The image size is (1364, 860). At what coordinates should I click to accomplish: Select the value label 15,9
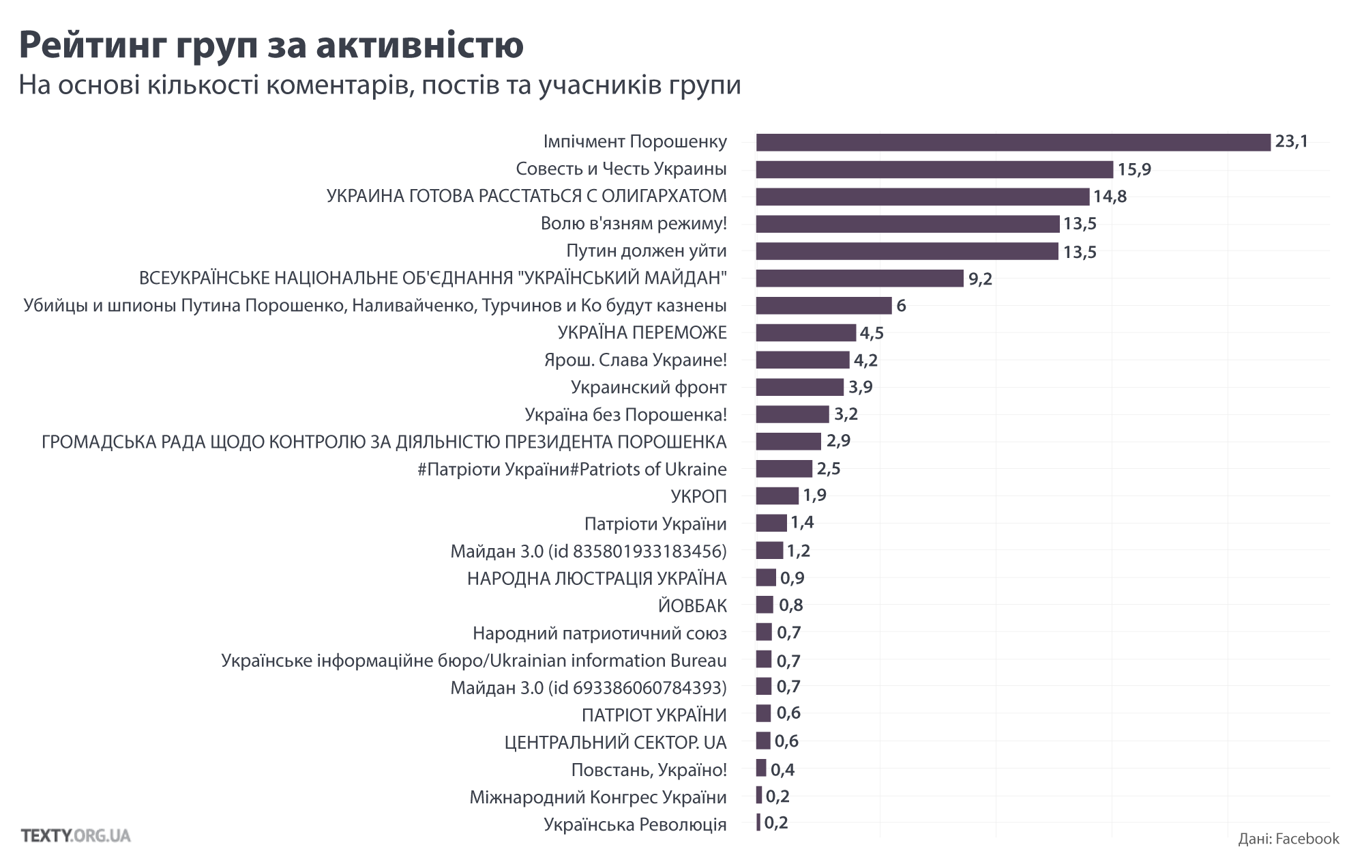coord(1134,169)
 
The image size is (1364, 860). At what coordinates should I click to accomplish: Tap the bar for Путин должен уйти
coord(907,251)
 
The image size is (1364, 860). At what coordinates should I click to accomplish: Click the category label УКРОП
coord(698,496)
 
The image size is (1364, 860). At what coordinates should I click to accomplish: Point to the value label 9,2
coord(980,278)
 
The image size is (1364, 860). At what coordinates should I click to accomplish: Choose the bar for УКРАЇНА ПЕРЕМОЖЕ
coord(805,332)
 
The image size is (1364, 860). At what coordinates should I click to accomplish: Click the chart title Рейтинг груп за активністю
coord(271,44)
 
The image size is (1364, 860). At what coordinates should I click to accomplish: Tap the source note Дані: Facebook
coord(1288,838)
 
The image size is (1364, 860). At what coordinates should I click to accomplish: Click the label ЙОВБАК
coord(692,605)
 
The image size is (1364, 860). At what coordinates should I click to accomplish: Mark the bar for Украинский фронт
coord(799,387)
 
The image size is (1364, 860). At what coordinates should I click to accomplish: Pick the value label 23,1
coord(1292,142)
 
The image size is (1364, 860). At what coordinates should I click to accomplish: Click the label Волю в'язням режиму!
coord(634,224)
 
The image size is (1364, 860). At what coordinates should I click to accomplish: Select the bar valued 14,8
coord(922,197)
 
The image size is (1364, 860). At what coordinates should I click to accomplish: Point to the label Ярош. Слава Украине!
coord(635,360)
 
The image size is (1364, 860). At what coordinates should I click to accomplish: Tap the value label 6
coord(901,306)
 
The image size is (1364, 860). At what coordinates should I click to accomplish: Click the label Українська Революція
coord(635,824)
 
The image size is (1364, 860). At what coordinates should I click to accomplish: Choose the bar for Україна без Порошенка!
coord(792,414)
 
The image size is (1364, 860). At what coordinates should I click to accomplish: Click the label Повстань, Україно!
coord(649,769)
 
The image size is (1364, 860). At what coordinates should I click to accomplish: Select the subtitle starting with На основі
coord(379,85)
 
